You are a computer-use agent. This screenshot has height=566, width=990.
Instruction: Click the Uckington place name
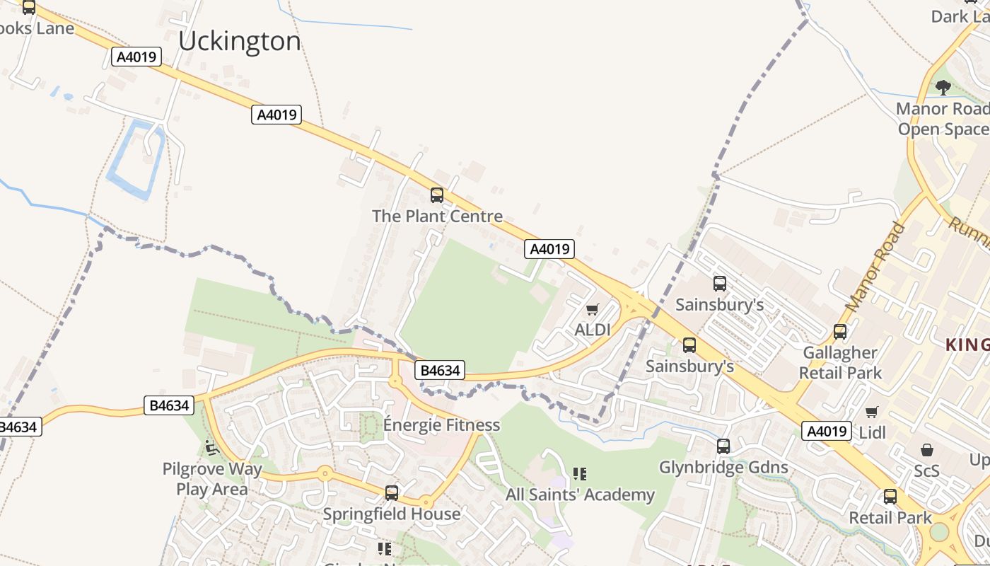tap(239, 42)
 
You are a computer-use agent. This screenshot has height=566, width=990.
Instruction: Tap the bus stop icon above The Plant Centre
tap(437, 195)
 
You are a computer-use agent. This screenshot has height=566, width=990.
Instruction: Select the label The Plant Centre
tap(437, 216)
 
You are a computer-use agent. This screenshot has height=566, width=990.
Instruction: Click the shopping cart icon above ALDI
tap(593, 309)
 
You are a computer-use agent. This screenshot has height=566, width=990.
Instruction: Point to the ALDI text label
tap(593, 330)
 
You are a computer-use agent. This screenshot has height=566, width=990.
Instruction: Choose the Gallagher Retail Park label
tap(840, 362)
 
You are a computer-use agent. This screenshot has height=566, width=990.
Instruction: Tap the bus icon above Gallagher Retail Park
tap(840, 331)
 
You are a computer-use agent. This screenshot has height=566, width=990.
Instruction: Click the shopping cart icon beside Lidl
tap(872, 412)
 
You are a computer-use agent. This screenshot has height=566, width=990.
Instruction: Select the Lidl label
tap(872, 432)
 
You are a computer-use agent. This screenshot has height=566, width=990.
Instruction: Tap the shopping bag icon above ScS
tap(926, 450)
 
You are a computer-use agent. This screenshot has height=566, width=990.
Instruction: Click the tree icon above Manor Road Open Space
tap(943, 88)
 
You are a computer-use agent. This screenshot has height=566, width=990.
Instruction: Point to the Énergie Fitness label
tap(441, 425)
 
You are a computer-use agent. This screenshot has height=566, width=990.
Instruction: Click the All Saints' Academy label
tap(580, 495)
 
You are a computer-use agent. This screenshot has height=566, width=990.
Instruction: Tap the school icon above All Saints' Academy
tap(580, 473)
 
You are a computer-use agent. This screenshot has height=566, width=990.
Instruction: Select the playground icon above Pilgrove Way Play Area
tap(211, 447)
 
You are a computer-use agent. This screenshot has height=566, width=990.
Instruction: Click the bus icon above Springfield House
tap(392, 492)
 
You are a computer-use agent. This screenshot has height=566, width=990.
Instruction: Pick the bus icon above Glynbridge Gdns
tap(723, 446)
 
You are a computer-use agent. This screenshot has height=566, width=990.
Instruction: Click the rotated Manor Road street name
tap(875, 267)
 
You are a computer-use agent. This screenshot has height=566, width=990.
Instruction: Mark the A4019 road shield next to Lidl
tap(826, 431)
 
